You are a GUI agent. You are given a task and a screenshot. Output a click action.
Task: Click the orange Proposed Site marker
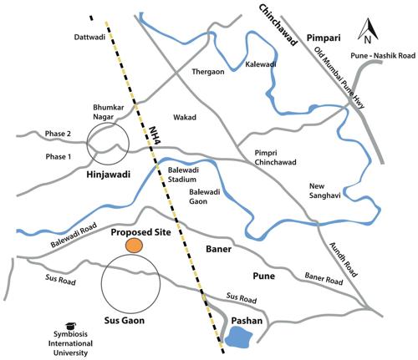coord(134,245)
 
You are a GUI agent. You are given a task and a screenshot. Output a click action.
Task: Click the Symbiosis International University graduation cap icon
coord(70,326)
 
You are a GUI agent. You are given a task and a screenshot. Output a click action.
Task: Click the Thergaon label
coord(211,73)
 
